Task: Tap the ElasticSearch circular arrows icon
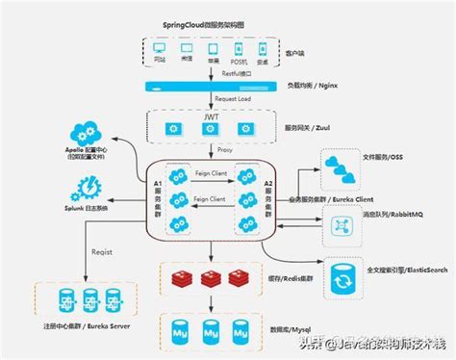342,279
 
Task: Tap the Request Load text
207,99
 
